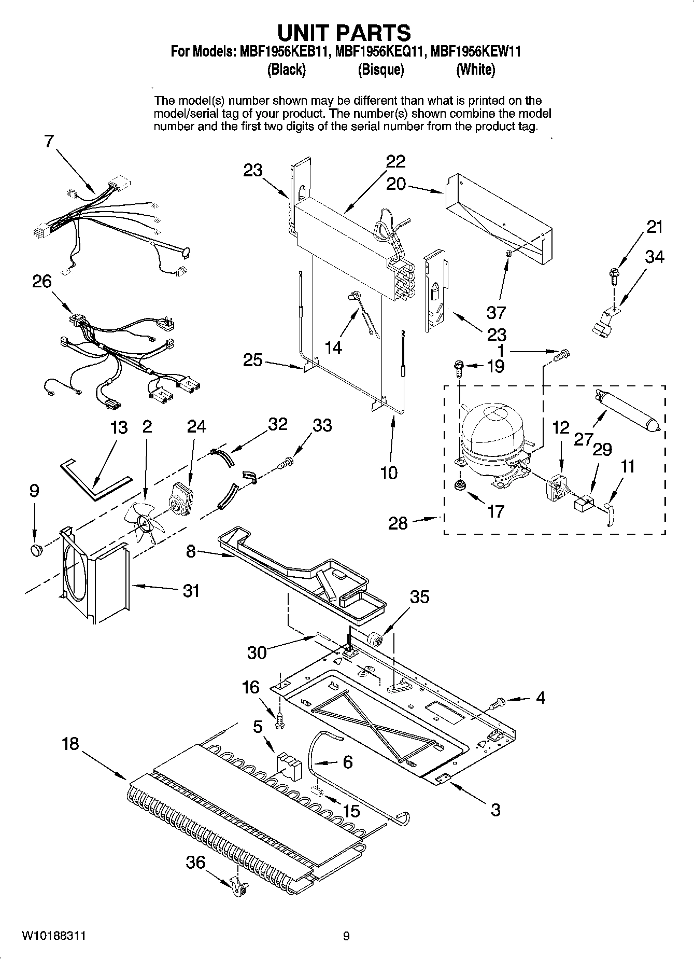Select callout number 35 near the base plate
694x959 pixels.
(x=419, y=597)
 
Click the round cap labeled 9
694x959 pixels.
(x=36, y=550)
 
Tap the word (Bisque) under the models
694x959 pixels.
(x=380, y=70)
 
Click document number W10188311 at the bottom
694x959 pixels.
(x=53, y=936)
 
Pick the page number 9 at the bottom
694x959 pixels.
(x=346, y=936)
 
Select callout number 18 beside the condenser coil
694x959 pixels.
(x=70, y=743)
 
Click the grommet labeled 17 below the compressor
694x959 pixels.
(x=458, y=485)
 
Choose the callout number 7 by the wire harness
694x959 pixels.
(x=49, y=141)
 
